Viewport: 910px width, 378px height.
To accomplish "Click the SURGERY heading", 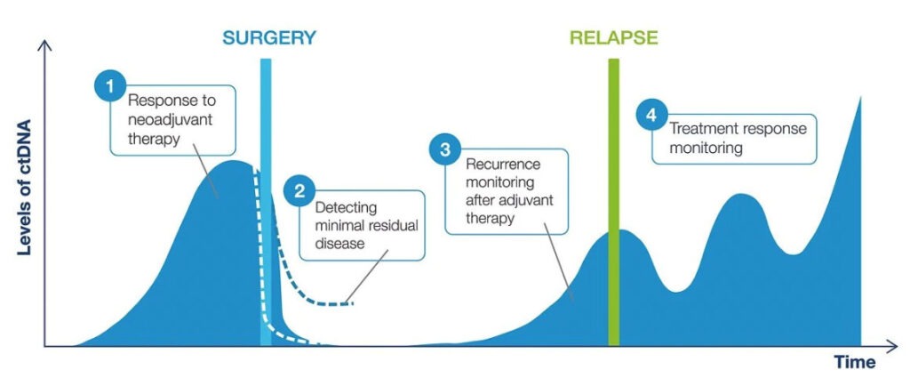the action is [x=269, y=37].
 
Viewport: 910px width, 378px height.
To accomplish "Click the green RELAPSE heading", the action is [x=613, y=37].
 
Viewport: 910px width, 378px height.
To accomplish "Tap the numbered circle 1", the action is [x=109, y=86].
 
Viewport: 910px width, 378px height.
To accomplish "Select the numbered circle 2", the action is [x=299, y=191].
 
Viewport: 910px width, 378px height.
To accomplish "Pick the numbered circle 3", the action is [x=444, y=149].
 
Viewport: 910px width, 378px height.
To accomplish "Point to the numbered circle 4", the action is [x=651, y=115].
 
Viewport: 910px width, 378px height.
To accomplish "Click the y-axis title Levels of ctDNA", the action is [x=24, y=187].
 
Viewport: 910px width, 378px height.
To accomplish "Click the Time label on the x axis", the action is [x=854, y=362].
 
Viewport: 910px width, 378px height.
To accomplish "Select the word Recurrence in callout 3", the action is [x=503, y=165].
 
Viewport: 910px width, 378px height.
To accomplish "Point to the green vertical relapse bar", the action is [x=613, y=202].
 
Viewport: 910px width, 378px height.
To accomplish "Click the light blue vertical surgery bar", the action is [x=266, y=202].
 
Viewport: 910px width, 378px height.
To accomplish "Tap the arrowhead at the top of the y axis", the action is [x=44, y=44].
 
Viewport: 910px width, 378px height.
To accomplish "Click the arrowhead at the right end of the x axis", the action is [x=892, y=347].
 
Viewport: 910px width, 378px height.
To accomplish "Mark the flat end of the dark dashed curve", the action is [x=352, y=303].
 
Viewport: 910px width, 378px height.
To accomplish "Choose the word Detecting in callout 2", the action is [x=346, y=207].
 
